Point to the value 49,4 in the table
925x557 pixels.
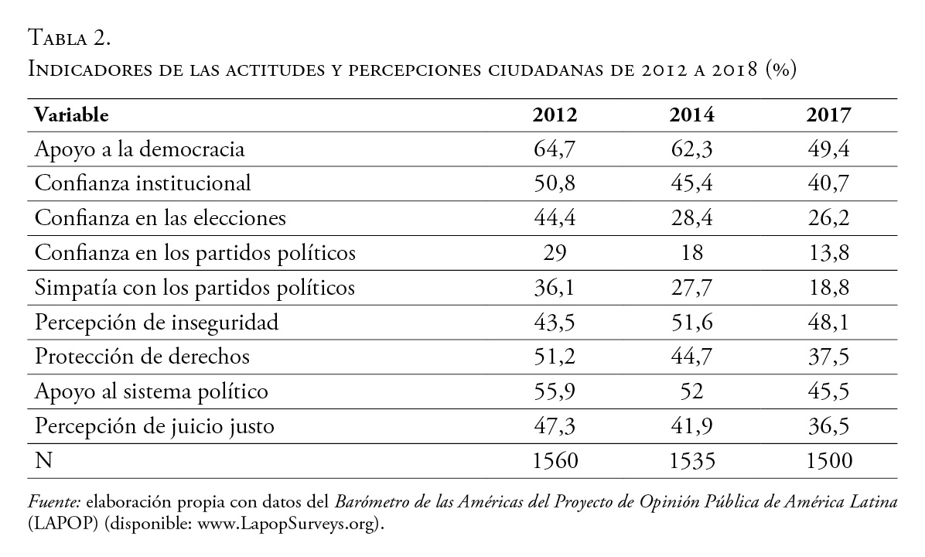828,149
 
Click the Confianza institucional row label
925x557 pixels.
142,184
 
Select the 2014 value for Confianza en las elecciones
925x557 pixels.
691,218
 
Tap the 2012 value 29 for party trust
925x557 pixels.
555,253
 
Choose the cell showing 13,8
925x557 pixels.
828,253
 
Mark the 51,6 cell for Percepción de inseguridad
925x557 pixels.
691,323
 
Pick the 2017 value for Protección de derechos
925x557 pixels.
828,357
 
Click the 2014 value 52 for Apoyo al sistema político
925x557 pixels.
691,391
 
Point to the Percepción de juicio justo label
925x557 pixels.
155,426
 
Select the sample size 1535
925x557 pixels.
691,461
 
